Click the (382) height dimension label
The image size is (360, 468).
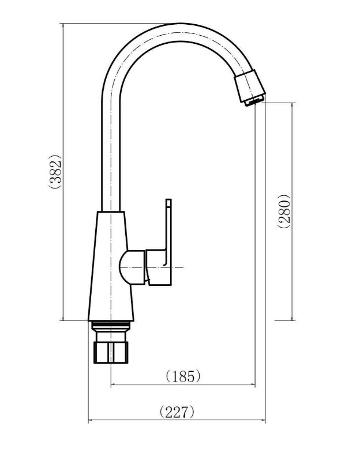tap(55, 171)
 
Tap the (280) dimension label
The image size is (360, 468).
tap(283, 212)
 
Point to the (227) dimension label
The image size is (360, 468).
tap(177, 412)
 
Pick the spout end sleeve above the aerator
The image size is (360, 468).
tap(249, 86)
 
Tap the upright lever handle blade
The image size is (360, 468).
tap(168, 227)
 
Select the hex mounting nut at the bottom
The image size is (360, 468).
tap(111, 353)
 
